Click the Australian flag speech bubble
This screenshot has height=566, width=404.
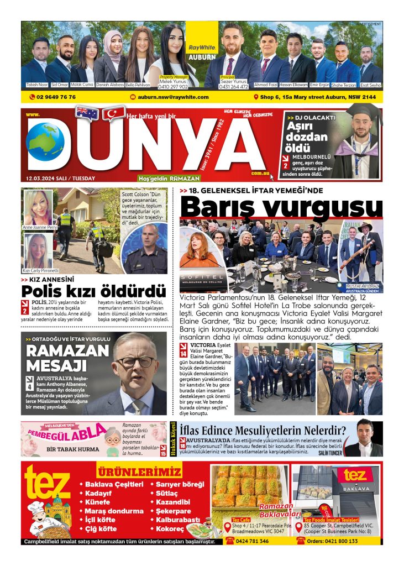pyautogui.click(x=87, y=113)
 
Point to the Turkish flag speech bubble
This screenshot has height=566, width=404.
pyautogui.click(x=114, y=113)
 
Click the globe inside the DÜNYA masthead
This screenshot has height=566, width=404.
pyautogui.click(x=45, y=143)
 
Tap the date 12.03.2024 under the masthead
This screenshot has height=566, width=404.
pyautogui.click(x=60, y=178)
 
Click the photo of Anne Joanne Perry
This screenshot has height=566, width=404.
pyautogui.click(x=38, y=207)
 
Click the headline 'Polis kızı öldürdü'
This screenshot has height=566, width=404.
pyautogui.click(x=93, y=291)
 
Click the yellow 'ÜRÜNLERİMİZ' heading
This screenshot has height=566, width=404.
pyautogui.click(x=139, y=473)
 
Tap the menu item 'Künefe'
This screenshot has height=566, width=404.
pyautogui.click(x=97, y=502)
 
